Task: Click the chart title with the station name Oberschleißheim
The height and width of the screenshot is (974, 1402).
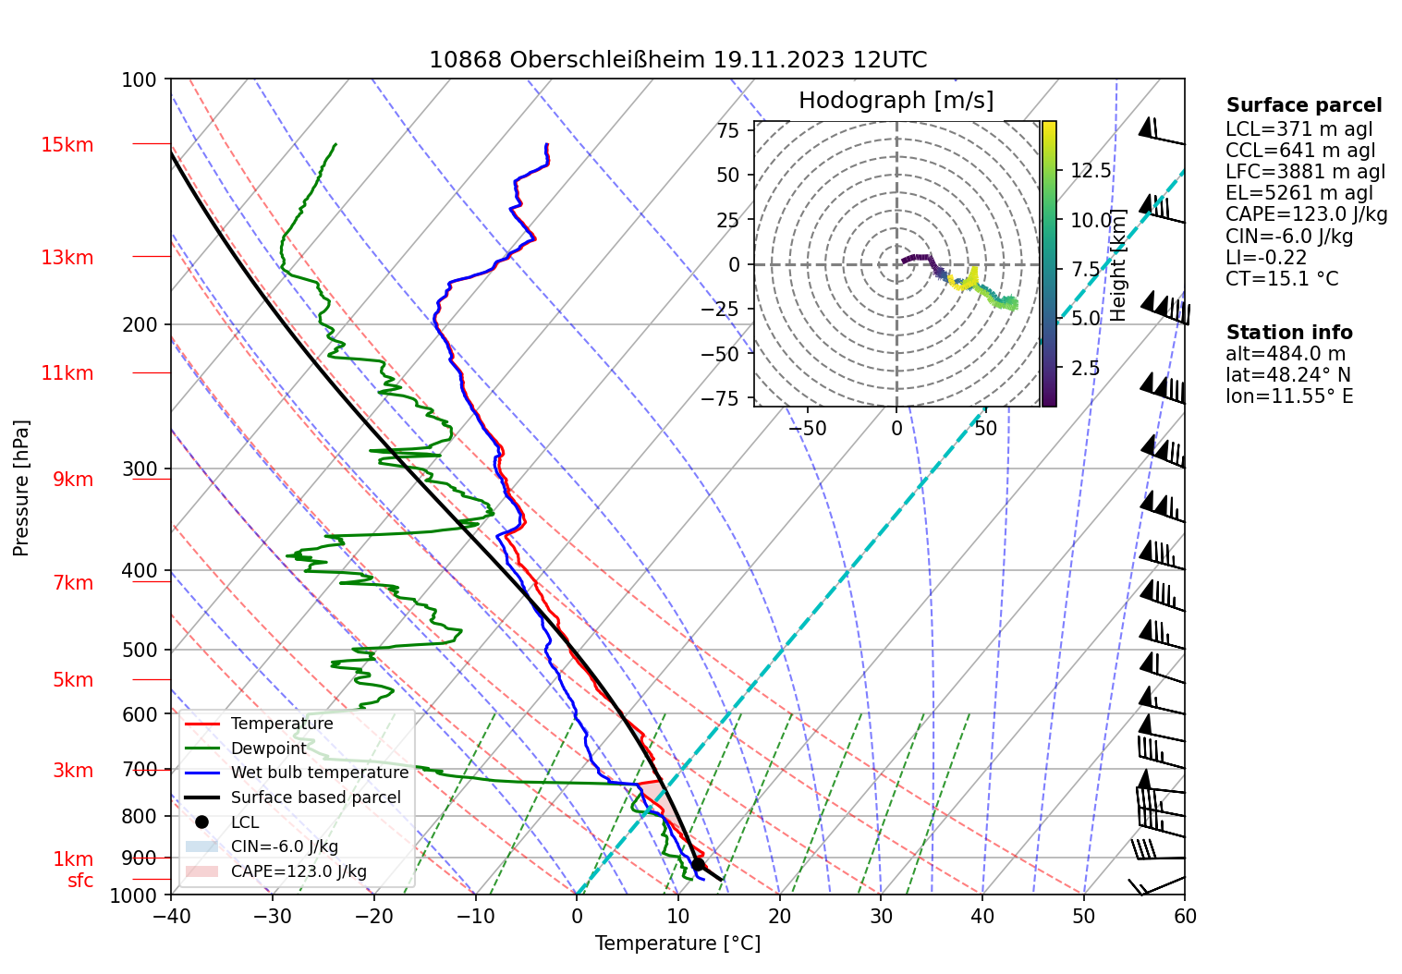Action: pyautogui.click(x=677, y=60)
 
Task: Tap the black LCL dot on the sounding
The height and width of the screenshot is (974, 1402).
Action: pyautogui.click(x=698, y=865)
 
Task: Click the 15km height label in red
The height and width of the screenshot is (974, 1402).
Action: pyautogui.click(x=67, y=145)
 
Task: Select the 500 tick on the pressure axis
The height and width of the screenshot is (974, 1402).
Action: pyautogui.click(x=140, y=650)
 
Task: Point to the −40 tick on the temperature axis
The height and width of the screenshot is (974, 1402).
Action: pyautogui.click(x=171, y=916)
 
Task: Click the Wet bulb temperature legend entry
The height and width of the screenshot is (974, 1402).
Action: pyautogui.click(x=319, y=773)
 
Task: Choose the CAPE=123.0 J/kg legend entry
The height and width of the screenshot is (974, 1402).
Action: pyautogui.click(x=298, y=871)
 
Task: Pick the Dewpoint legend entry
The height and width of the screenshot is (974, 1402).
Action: pyautogui.click(x=268, y=749)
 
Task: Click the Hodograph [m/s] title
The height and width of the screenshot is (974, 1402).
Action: pyautogui.click(x=896, y=101)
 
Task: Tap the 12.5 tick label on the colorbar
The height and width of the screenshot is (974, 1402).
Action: pyautogui.click(x=1091, y=171)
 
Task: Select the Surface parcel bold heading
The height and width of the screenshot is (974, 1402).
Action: pyautogui.click(x=1303, y=105)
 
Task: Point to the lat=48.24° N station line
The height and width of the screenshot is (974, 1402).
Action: pyautogui.click(x=1287, y=375)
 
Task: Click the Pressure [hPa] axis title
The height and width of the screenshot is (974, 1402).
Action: pyautogui.click(x=21, y=488)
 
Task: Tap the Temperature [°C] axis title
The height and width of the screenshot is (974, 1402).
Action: pyautogui.click(x=677, y=944)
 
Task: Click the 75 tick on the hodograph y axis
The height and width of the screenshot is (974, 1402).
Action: pyautogui.click(x=728, y=130)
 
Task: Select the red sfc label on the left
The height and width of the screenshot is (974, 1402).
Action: pyautogui.click(x=80, y=881)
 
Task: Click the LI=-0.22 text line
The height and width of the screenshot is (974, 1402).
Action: pyautogui.click(x=1266, y=258)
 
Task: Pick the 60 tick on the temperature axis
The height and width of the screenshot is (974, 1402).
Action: pyautogui.click(x=1184, y=916)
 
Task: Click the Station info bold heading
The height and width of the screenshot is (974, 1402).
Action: pyautogui.click(x=1288, y=333)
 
